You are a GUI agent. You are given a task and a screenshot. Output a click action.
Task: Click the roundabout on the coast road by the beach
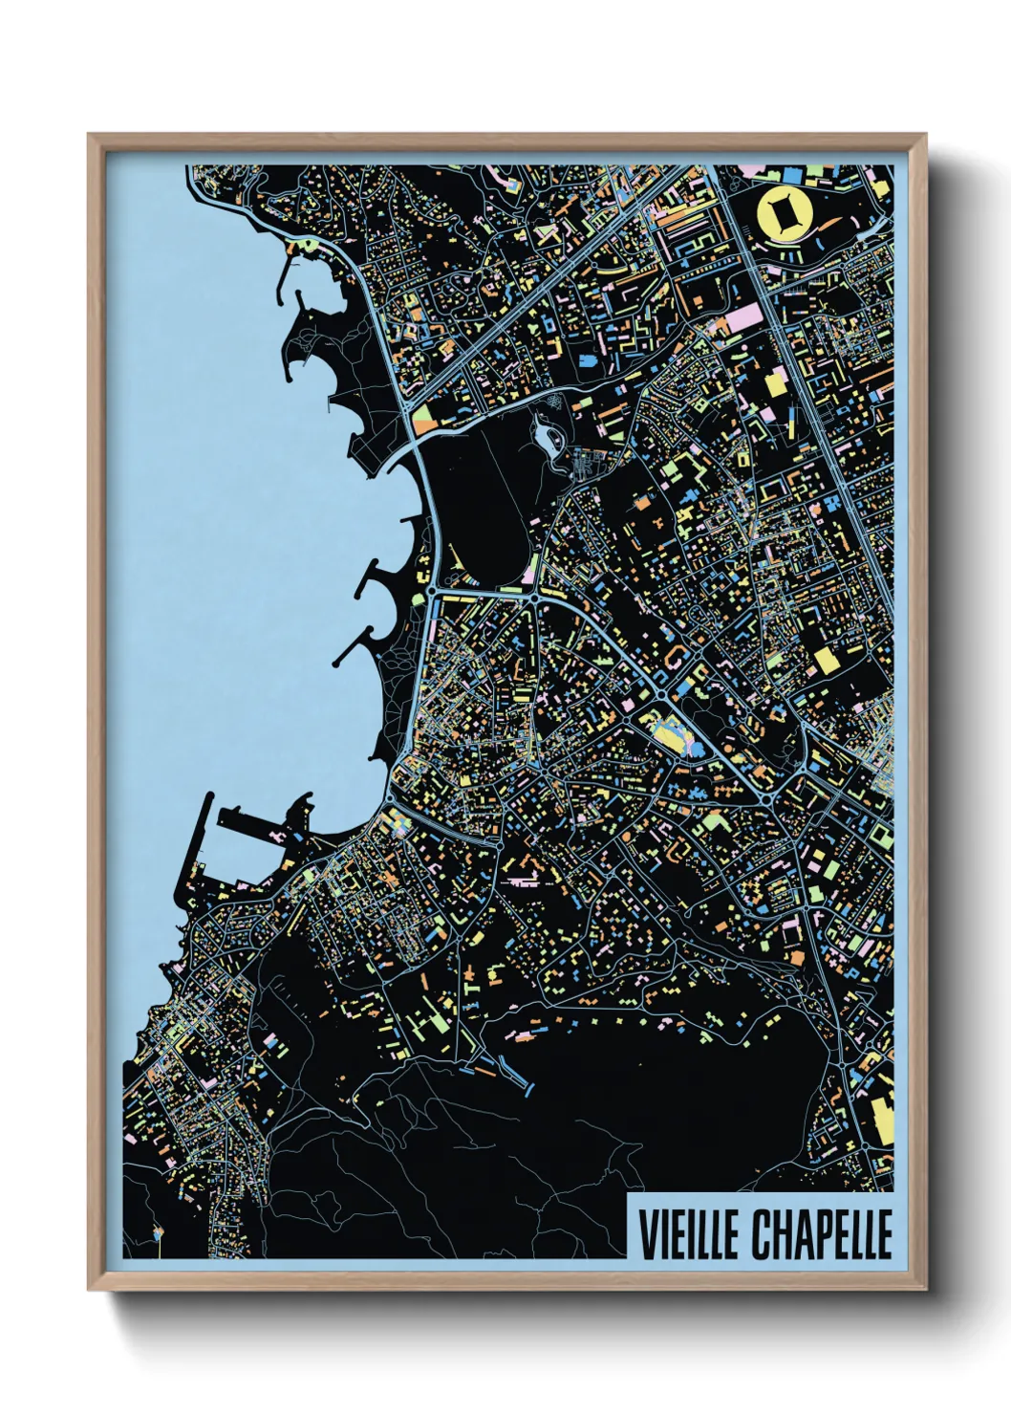point(432,593)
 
